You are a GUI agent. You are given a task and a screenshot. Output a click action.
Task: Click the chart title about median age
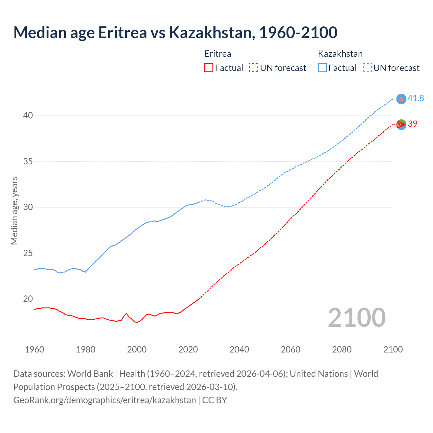tap(175, 32)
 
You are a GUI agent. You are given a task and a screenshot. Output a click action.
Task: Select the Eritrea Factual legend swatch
tap(209, 68)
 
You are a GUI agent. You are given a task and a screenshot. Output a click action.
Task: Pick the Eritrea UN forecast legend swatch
tap(254, 68)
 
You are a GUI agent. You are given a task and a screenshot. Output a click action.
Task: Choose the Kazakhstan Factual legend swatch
tap(322, 68)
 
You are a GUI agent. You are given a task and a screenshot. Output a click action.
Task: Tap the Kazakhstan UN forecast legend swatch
tap(367, 68)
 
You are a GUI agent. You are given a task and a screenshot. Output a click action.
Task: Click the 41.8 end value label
tap(416, 98)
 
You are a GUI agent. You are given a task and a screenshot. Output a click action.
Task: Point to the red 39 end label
tap(412, 124)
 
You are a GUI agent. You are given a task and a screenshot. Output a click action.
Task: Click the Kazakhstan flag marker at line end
tap(401, 99)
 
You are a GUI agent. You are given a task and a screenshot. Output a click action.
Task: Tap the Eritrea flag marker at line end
tap(401, 124)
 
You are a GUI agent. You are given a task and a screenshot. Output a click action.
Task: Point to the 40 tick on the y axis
tap(28, 116)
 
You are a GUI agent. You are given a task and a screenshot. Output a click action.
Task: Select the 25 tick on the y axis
tap(28, 253)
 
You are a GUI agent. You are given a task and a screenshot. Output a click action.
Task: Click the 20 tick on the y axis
tap(28, 299)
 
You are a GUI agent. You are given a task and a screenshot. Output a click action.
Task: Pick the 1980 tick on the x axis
tap(86, 349)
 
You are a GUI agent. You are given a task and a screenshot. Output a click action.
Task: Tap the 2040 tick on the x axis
tap(239, 349)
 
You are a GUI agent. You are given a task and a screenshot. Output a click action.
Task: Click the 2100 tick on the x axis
tap(393, 349)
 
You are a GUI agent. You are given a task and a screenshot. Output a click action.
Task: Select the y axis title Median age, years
tap(14, 210)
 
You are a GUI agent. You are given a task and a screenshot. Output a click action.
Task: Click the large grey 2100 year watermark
tap(357, 318)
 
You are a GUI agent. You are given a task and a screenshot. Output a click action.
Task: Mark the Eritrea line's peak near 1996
tap(126, 313)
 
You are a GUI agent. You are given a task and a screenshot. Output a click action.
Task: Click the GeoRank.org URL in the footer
tap(105, 400)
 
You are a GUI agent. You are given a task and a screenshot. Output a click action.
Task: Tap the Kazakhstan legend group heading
tap(340, 54)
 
